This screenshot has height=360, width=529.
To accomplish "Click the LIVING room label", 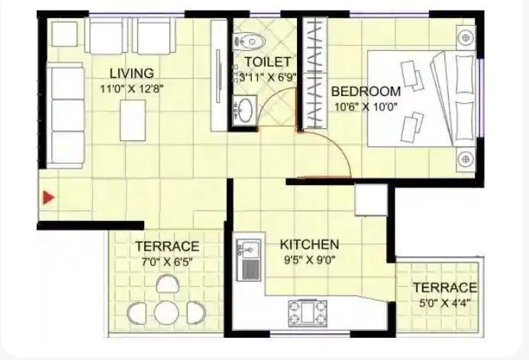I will [x=131, y=73].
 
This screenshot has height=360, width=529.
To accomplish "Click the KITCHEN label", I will [x=309, y=245].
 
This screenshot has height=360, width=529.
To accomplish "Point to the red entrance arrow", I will [x=48, y=198].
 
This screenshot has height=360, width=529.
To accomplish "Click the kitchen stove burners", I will [x=305, y=313].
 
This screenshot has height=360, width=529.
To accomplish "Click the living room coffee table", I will [x=131, y=121].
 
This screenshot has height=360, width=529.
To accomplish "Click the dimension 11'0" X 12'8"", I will [x=131, y=88].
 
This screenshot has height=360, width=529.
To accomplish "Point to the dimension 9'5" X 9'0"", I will [x=309, y=259].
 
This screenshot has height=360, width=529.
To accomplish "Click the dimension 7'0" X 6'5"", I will [x=167, y=261].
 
